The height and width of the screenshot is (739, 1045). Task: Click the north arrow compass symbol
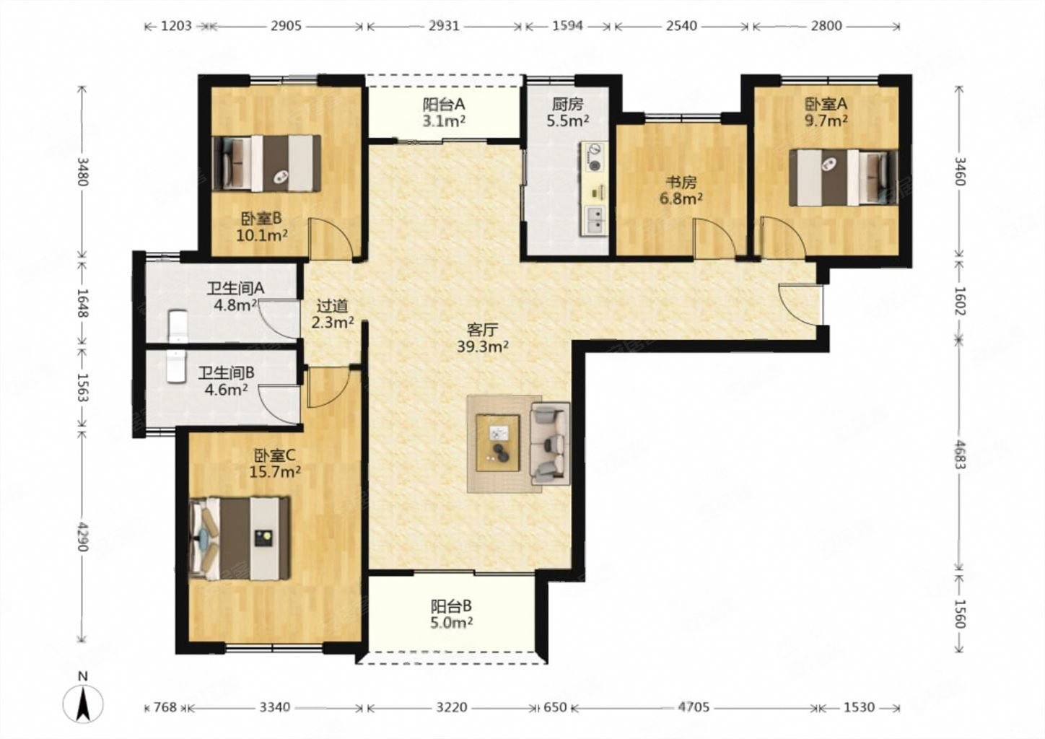click(83, 704)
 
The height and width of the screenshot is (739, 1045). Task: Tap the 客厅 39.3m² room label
click(482, 338)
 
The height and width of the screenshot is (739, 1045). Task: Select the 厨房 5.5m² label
click(568, 113)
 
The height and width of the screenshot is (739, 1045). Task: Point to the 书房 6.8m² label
click(681, 191)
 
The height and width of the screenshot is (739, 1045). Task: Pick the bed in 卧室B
click(266, 163)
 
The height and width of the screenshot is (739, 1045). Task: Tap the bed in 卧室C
click(240, 538)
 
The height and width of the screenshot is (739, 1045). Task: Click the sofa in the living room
click(550, 443)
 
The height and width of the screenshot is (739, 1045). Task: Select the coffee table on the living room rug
click(497, 442)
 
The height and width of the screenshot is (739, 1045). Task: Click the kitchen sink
click(594, 220)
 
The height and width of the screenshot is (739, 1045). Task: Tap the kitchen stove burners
click(595, 157)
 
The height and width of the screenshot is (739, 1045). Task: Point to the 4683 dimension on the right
click(959, 454)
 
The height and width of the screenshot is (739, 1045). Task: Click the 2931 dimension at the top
click(444, 26)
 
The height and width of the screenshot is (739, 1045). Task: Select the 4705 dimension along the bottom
click(694, 707)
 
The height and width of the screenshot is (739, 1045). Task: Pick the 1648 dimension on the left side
click(82, 303)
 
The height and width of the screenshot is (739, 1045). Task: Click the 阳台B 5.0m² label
click(451, 614)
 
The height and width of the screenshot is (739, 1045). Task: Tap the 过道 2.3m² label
click(332, 314)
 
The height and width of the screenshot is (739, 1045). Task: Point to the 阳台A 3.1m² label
click(444, 113)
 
